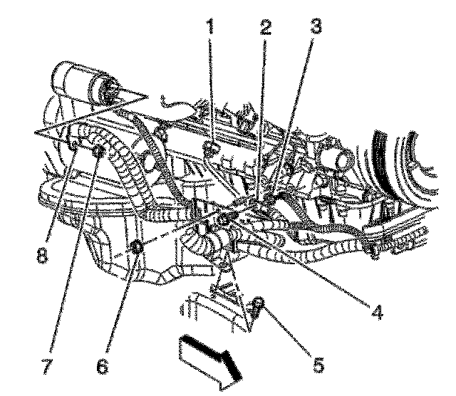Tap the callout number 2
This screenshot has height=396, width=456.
[x=266, y=28]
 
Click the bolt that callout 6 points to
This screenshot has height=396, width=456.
[x=138, y=247]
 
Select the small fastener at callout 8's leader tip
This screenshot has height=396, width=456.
[x=74, y=147]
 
